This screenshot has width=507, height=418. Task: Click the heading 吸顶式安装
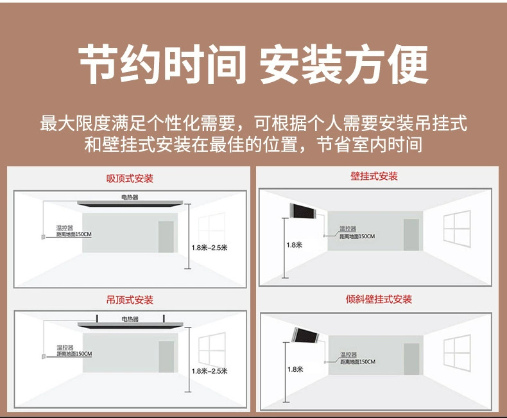[130, 179]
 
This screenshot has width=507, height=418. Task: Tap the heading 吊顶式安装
[130, 300]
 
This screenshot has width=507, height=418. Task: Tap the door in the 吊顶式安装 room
[166, 356]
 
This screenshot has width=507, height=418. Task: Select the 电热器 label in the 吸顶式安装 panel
[130, 196]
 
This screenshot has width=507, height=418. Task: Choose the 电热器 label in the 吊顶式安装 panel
[130, 319]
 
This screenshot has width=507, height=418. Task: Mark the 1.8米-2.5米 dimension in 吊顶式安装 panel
[209, 370]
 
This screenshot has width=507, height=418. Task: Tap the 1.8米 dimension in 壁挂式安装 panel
[294, 245]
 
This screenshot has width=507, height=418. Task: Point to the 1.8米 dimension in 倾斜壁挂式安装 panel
[295, 369]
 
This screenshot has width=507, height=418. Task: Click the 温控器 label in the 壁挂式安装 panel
[348, 229]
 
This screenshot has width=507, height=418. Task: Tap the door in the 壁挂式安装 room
[411, 234]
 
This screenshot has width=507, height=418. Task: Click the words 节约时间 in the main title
[162, 66]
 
